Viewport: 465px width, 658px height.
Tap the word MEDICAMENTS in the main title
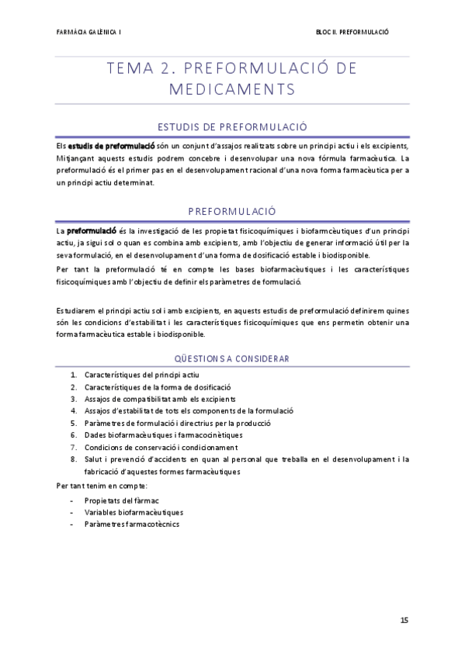(x=231, y=89)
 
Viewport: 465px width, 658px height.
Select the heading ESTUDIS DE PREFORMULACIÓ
(x=232, y=126)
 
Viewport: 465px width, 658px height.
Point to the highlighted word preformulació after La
(x=92, y=230)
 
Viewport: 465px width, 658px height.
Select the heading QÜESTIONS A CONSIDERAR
(x=232, y=358)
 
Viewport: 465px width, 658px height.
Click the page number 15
(x=404, y=621)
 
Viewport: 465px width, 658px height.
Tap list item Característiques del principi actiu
(x=141, y=374)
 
